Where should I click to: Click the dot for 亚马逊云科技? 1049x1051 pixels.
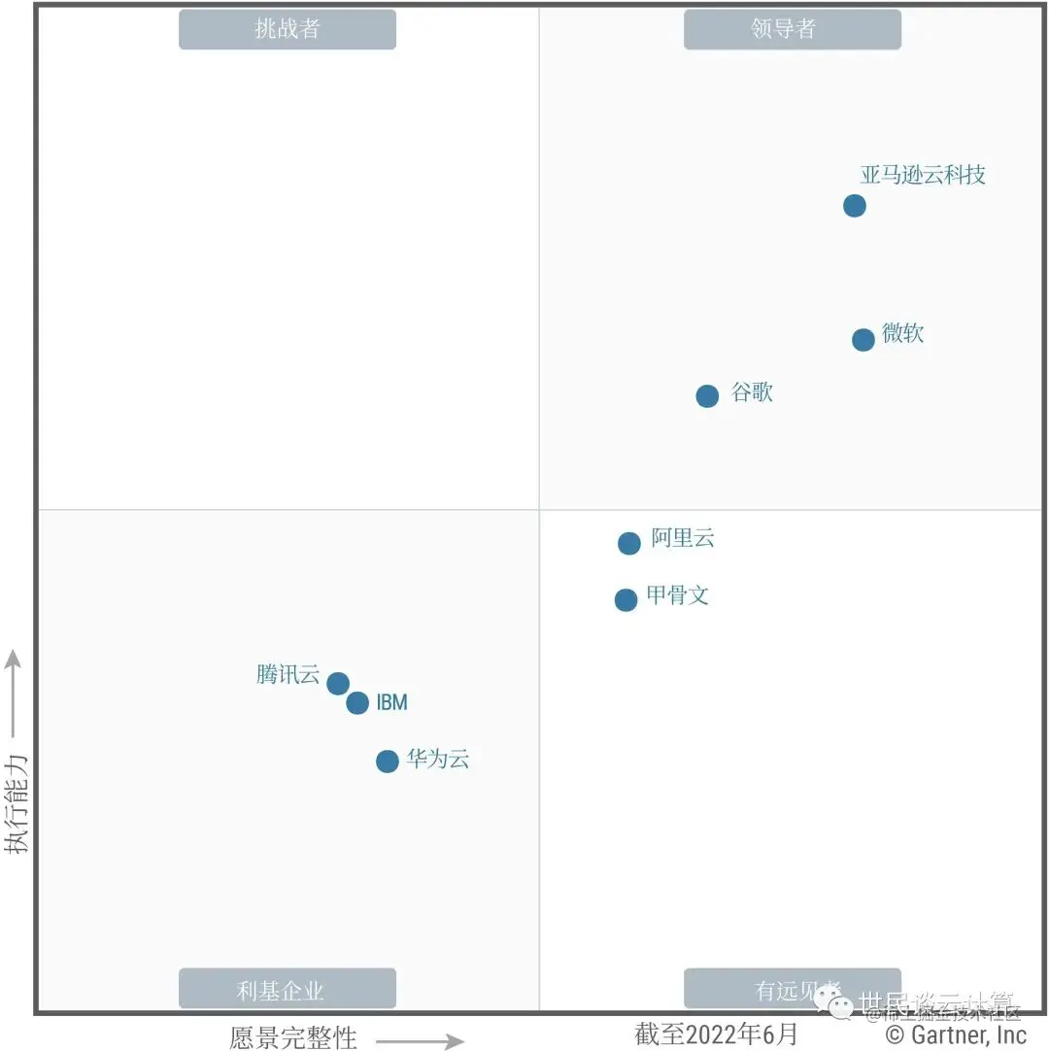[x=854, y=206]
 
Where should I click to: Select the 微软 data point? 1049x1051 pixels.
[x=863, y=340]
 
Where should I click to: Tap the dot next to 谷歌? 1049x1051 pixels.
[x=707, y=396]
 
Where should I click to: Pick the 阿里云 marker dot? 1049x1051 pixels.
[x=629, y=543]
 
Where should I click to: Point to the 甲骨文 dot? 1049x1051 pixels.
[x=626, y=600]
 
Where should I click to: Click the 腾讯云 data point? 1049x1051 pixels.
[x=338, y=684]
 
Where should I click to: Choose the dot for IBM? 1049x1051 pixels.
[x=357, y=702]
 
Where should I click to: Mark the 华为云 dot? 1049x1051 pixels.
[x=388, y=761]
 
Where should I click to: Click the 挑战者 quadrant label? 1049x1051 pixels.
[x=288, y=29]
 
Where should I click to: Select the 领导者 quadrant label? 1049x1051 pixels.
[x=793, y=29]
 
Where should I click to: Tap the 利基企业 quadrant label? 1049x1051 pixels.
[x=288, y=989]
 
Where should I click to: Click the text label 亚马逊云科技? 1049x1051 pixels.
[x=923, y=175]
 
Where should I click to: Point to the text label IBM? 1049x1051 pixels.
[x=392, y=702]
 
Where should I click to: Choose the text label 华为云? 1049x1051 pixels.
[x=438, y=760]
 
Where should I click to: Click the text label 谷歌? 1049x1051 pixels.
[x=752, y=393]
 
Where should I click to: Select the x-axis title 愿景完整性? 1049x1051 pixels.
[x=293, y=1036]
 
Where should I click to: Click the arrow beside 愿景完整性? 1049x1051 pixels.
[x=420, y=1041]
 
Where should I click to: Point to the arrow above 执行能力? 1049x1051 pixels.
[x=14, y=693]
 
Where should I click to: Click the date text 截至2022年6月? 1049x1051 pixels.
[x=716, y=1034]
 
